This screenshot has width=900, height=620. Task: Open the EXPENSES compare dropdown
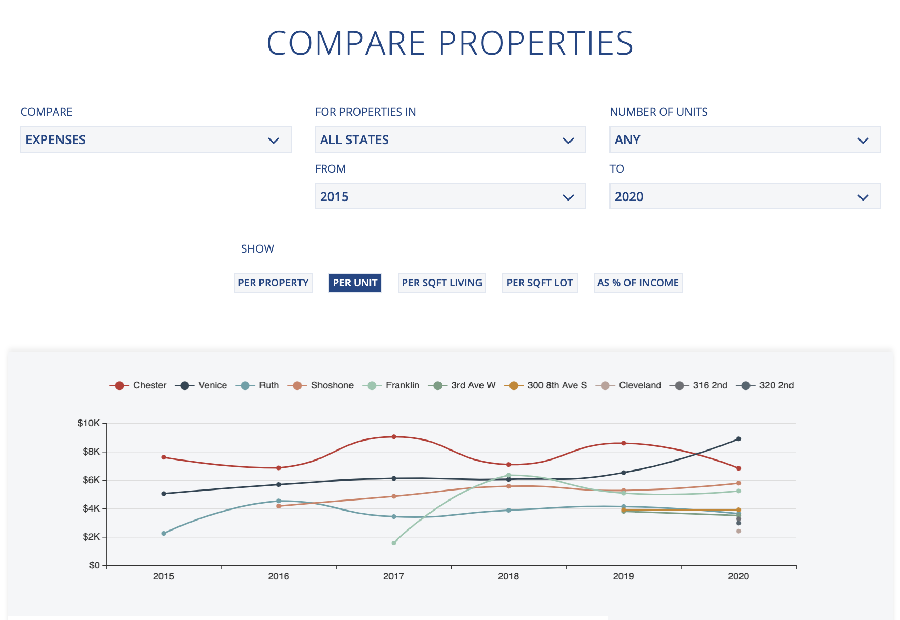[155, 139]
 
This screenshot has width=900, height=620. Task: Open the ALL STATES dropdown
[450, 139]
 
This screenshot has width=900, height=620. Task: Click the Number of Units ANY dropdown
[745, 139]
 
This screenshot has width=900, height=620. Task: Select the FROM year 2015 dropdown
[450, 196]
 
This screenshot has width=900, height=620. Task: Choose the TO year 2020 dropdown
[745, 196]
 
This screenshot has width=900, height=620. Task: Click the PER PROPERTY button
[273, 283]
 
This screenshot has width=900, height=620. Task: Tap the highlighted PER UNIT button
[355, 283]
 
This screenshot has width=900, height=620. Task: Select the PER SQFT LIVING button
[442, 283]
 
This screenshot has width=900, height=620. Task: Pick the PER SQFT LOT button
[539, 283]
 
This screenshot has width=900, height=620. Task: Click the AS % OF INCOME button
[638, 283]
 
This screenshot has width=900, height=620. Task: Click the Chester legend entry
[138, 385]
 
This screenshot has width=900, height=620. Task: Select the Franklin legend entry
[392, 385]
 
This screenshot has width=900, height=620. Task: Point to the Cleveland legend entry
[628, 385]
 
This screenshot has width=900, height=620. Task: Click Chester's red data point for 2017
[394, 437]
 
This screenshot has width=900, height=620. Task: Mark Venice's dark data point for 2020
[738, 439]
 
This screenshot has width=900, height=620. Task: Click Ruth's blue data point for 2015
[164, 533]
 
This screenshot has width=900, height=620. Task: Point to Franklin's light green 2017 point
[394, 543]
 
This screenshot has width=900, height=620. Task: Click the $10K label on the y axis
[88, 423]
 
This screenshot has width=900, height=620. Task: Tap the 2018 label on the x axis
[508, 576]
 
